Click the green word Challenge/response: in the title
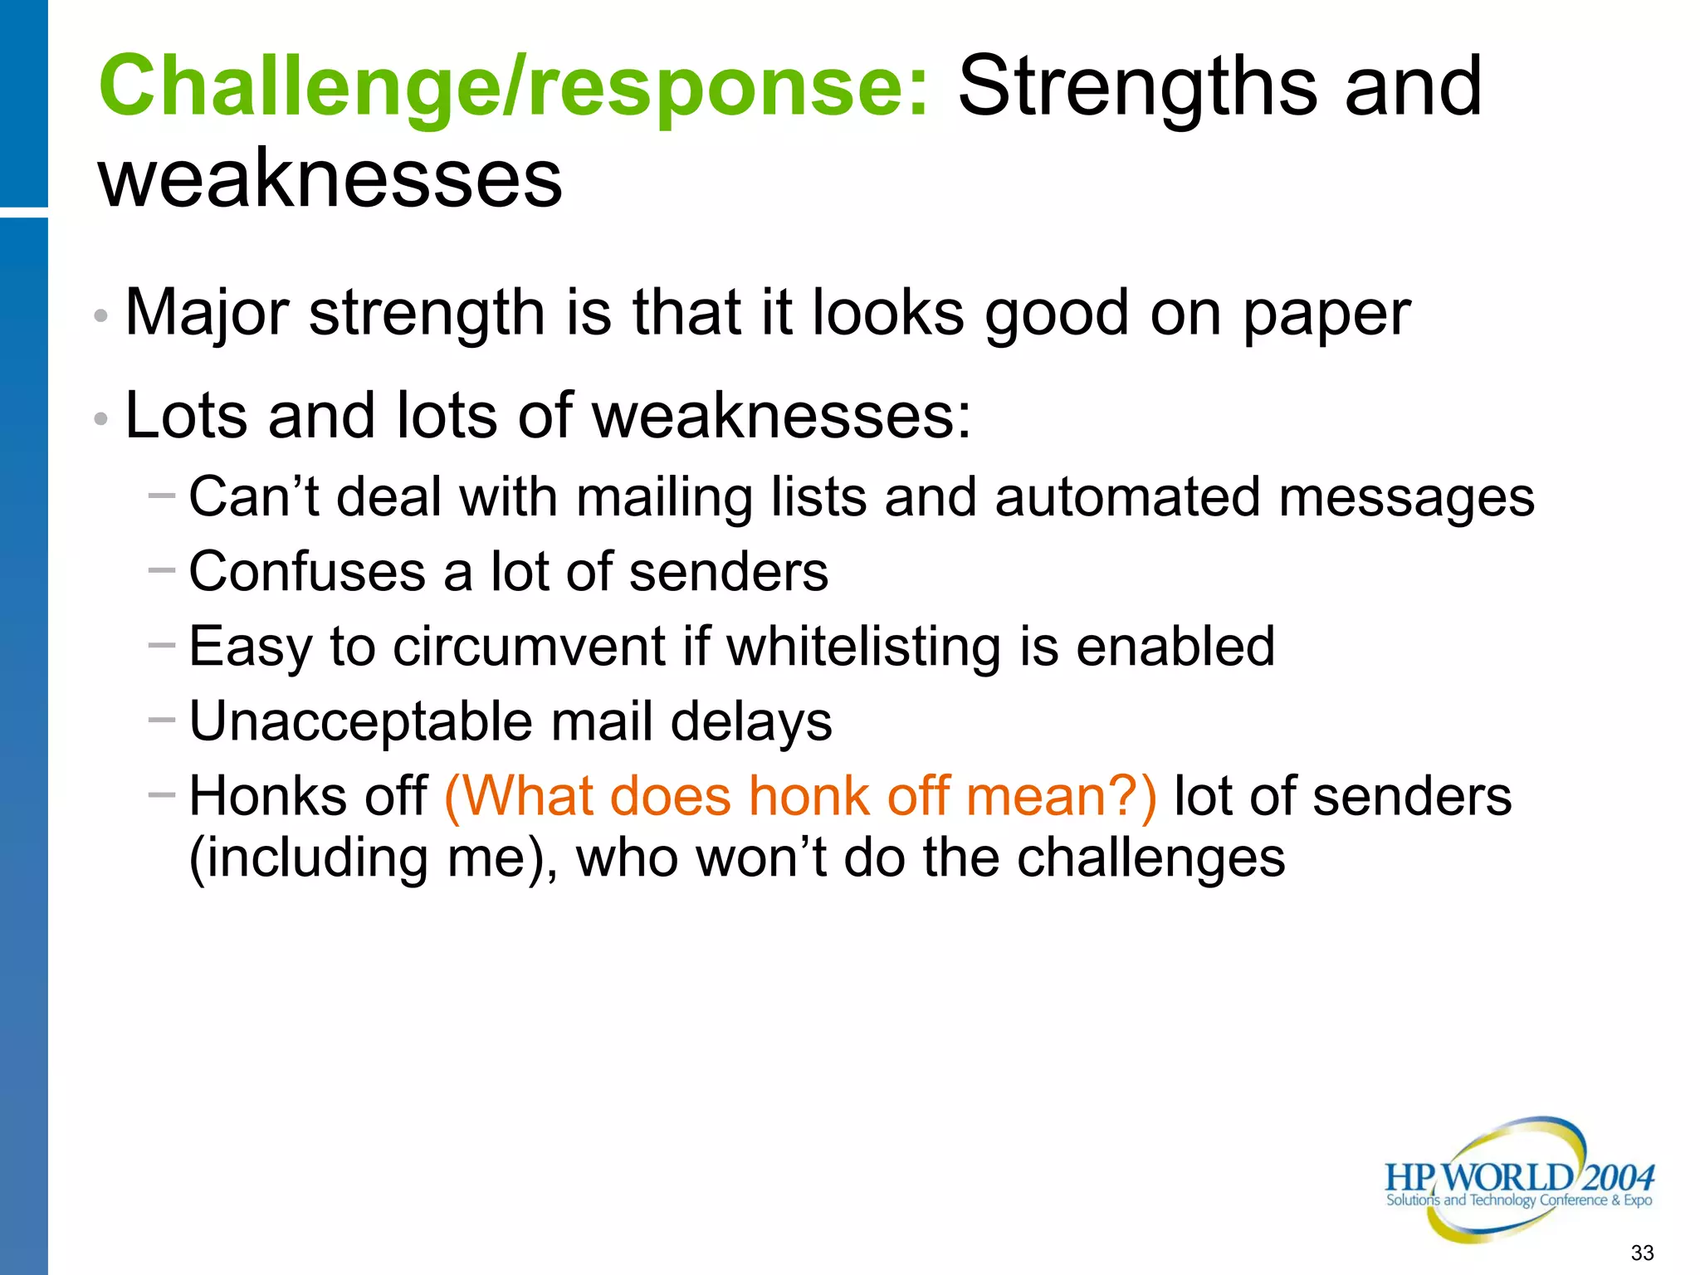point(514,87)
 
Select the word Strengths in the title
point(1137,87)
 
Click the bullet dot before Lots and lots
point(101,419)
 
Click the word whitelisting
point(863,647)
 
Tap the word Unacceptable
point(360,721)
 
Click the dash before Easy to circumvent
point(162,644)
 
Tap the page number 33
point(1642,1253)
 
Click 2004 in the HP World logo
point(1619,1178)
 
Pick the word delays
point(750,721)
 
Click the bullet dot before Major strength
point(101,316)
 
